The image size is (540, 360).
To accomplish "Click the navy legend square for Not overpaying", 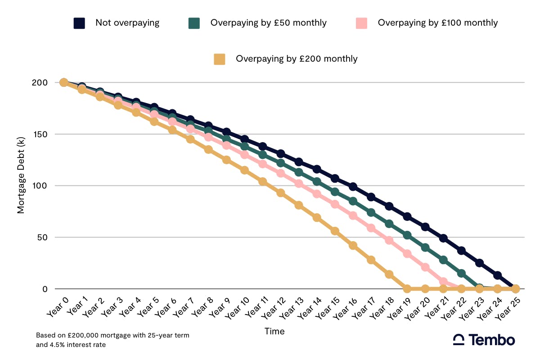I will pyautogui.click(x=80, y=23).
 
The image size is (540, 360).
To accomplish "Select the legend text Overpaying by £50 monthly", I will pyautogui.click(x=268, y=23).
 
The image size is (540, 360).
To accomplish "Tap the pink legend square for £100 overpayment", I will pyautogui.click(x=361, y=23).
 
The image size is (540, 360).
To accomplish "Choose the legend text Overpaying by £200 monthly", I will pyautogui.click(x=297, y=59).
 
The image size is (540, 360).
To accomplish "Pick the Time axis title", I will pyautogui.click(x=274, y=332).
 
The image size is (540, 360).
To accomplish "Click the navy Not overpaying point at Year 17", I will pyautogui.click(x=371, y=197).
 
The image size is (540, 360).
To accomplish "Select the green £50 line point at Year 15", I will pyautogui.click(x=335, y=192).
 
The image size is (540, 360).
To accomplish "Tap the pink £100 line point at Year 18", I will pyautogui.click(x=389, y=240).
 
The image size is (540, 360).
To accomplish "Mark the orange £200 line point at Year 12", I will pyautogui.click(x=280, y=193).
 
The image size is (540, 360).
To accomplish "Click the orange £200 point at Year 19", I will pyautogui.click(x=407, y=288).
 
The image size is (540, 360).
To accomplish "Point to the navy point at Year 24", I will pyautogui.click(x=497, y=275).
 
